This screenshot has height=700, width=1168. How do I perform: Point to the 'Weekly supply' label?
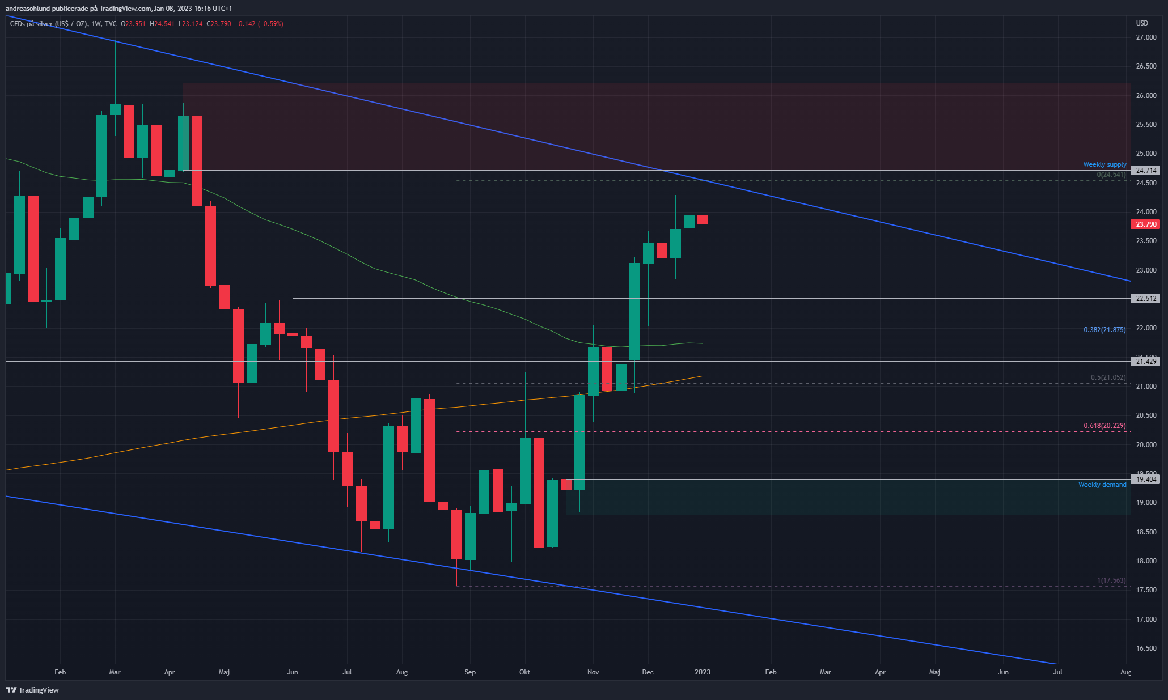1104,164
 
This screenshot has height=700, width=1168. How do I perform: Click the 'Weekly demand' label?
1102,485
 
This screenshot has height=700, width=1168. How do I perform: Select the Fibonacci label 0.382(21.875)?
1104,330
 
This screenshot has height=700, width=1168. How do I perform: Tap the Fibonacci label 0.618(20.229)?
1104,426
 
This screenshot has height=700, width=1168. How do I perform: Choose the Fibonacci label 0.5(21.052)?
1108,377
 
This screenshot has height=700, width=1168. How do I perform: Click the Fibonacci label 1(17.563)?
1111,580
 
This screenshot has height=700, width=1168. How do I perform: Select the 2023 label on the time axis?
703,672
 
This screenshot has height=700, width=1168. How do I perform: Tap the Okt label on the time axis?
525,672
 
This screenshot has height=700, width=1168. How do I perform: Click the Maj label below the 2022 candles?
224,672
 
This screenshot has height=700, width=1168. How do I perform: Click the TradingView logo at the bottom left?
32,690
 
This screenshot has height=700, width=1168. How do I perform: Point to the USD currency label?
1142,23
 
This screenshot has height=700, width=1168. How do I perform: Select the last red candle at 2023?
703,220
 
